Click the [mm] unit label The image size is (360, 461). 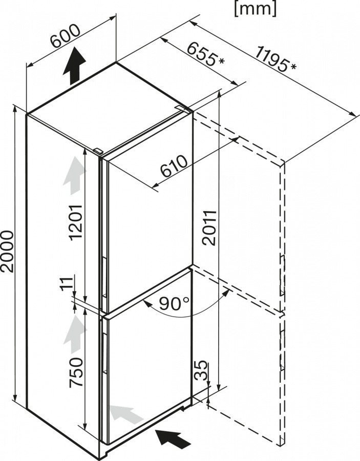click(255, 8)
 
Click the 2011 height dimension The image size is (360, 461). click(207, 227)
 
